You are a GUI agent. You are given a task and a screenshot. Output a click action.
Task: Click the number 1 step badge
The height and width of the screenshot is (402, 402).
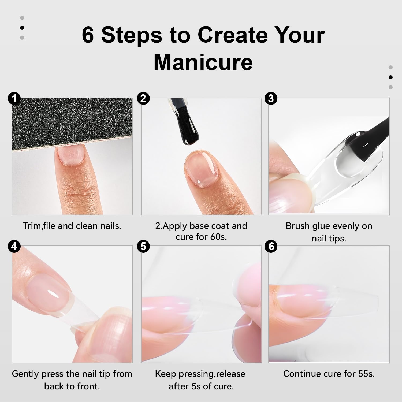pos(14,98)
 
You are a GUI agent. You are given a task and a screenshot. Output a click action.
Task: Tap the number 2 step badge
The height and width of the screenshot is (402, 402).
pos(143,98)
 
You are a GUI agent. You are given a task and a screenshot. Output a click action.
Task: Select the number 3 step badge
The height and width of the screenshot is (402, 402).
pos(271,98)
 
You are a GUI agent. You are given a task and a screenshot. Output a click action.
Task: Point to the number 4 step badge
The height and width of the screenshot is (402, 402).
pos(14,246)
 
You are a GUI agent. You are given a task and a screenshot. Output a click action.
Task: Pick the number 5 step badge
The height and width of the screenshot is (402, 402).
pos(143,246)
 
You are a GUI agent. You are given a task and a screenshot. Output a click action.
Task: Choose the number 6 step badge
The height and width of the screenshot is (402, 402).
pos(271,246)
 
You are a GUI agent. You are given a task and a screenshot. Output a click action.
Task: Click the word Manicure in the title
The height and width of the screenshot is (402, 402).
pos(203,62)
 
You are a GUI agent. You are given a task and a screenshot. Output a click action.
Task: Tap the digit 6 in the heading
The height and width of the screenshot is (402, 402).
pos(88,35)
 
